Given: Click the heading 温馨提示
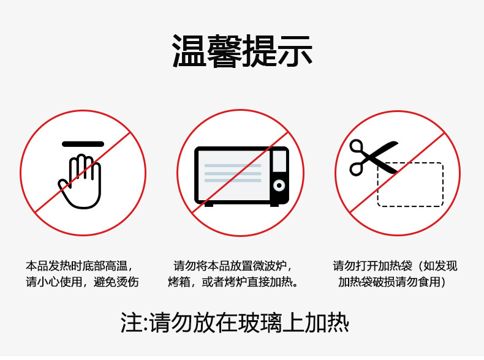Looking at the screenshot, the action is [242, 51].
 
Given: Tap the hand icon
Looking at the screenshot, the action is [80, 181].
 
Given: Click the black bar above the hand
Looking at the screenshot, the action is [83, 144].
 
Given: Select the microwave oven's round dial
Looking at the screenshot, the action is [279, 186].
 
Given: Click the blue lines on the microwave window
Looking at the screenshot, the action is [233, 173].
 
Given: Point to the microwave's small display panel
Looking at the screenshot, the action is [279, 161].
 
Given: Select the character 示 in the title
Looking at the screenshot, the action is [295, 51].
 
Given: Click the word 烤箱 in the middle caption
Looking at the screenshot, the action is [179, 282].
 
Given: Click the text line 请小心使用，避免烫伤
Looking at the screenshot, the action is [82, 282].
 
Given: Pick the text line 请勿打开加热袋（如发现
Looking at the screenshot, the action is [395, 266].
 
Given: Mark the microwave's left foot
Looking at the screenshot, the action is [209, 204].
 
